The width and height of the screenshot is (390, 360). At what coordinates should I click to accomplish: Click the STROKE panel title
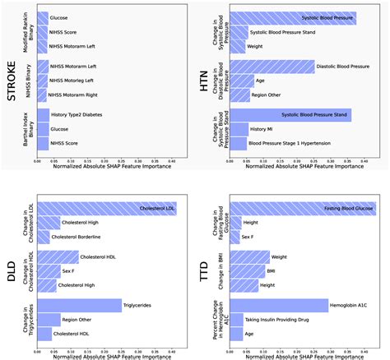click(12, 80)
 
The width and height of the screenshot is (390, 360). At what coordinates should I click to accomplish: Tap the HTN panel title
click(207, 80)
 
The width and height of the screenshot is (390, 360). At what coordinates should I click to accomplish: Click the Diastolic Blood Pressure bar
click(272, 67)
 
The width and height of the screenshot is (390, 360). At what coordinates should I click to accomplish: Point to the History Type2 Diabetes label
click(81, 114)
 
